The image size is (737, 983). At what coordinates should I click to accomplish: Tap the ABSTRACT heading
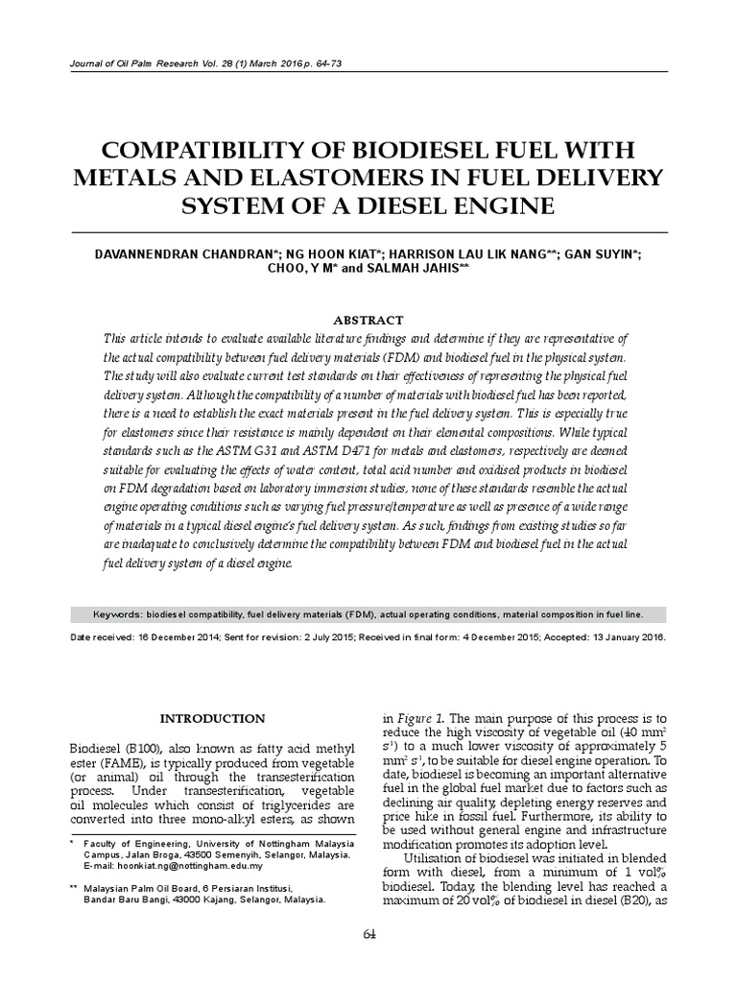coord(368,321)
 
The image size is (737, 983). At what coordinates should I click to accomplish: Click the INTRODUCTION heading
coord(212,718)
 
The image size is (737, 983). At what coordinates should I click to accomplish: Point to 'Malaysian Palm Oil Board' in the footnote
coord(143,890)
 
